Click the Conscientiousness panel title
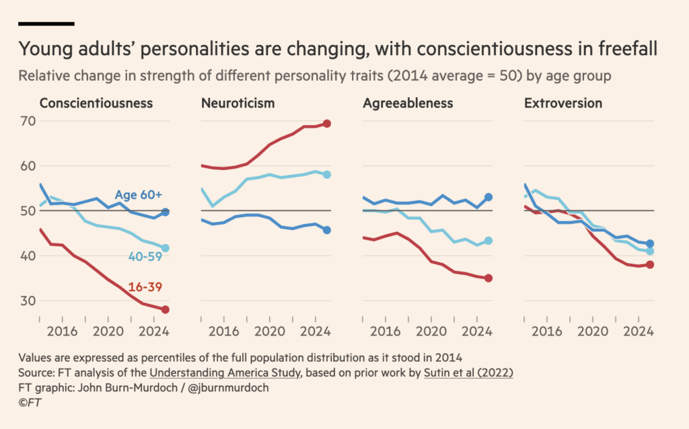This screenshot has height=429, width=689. [96, 103]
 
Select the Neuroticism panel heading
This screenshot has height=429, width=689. [238, 103]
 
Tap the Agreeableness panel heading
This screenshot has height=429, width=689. [408, 103]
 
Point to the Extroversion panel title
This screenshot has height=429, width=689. [563, 103]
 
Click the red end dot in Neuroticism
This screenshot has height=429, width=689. [326, 124]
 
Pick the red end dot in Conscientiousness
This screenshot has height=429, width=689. [166, 309]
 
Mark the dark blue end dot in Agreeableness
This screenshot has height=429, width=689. [488, 197]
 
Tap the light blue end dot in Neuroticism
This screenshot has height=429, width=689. [326, 174]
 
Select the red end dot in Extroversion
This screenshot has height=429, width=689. [650, 264]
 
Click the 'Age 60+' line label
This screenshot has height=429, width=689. [139, 194]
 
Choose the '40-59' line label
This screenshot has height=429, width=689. [145, 256]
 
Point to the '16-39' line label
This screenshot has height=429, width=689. [145, 287]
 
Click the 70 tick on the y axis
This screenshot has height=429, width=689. [28, 121]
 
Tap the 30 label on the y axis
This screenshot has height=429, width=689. [28, 301]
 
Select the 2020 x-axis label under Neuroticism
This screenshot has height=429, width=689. [270, 331]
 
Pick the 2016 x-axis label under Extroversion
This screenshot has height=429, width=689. [546, 331]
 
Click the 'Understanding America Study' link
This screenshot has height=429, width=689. [225, 373]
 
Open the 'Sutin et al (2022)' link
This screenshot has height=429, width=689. [468, 373]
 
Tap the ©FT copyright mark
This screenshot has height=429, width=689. [30, 403]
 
